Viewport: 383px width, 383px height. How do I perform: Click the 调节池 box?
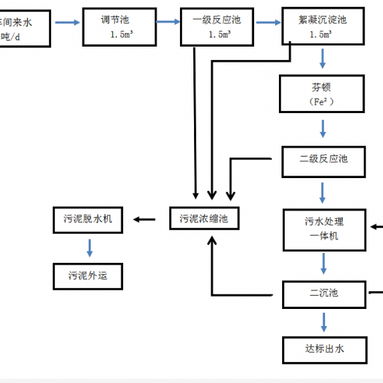point(119,27)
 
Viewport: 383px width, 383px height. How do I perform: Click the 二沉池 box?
point(324,294)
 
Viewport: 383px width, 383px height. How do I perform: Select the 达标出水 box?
point(324,349)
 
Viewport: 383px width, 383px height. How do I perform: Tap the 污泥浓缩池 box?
point(204,219)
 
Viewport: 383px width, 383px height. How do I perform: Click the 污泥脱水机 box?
point(91,219)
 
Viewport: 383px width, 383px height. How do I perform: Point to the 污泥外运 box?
point(91,276)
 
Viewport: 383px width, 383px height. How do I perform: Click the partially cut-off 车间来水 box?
point(24,27)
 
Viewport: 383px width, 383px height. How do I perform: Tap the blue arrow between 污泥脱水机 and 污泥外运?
point(90,248)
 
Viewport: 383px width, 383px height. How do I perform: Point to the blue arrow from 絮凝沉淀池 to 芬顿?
point(324,60)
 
